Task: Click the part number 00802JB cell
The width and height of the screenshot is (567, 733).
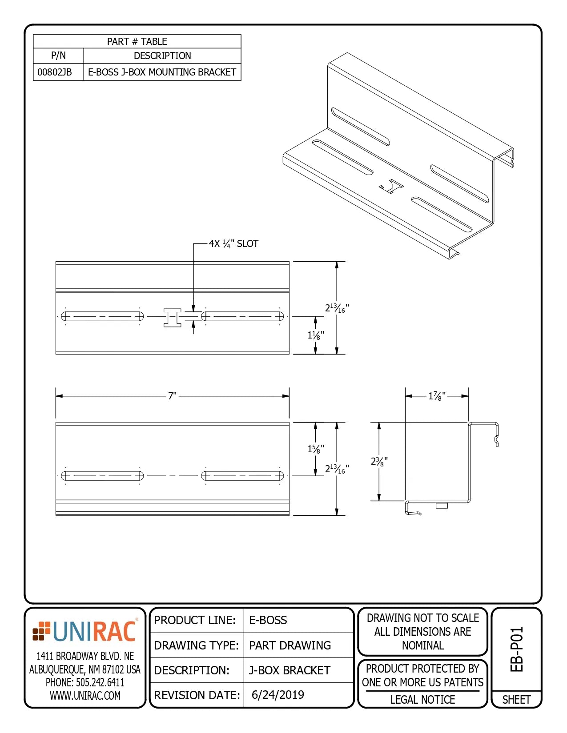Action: coord(55,72)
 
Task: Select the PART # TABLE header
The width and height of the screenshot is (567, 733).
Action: coord(137,41)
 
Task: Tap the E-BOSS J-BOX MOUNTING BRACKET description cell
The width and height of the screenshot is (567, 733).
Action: coord(162,72)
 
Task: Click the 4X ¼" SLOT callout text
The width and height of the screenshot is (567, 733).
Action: coord(233,243)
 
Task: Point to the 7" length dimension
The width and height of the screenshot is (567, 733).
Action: coord(172,395)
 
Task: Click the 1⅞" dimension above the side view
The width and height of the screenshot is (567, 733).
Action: coord(437,396)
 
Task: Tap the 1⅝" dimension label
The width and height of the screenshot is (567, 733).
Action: coord(316,449)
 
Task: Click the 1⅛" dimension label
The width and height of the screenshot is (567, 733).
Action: coord(316,335)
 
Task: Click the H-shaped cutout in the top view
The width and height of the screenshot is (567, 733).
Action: coord(172,317)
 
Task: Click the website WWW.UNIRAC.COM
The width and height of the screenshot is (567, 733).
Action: coord(85,696)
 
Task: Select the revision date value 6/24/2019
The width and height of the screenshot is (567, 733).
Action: coord(278,695)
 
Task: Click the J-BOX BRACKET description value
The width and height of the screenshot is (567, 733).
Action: coord(290,670)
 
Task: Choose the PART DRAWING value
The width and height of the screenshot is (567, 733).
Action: coord(290,645)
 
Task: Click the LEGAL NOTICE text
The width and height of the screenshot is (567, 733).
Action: coord(422,700)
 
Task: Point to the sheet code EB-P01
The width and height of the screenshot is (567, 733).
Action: coord(516,649)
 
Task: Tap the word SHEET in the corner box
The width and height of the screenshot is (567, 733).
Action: coord(516,700)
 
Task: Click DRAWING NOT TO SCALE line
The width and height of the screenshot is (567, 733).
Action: coord(422,618)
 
